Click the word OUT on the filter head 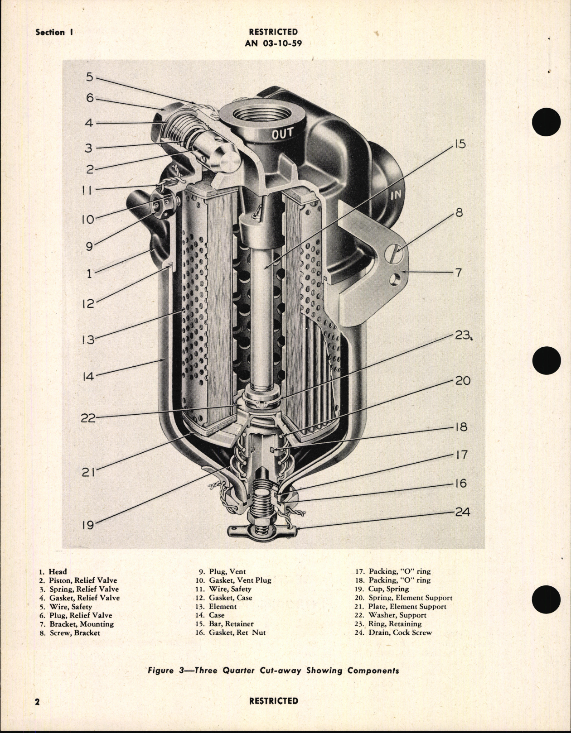click(x=282, y=134)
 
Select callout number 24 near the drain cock click(x=462, y=512)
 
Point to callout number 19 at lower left click(x=87, y=525)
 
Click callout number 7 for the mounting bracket click(x=458, y=273)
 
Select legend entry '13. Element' click(x=223, y=606)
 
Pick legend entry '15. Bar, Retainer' click(x=231, y=624)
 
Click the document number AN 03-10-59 click(x=273, y=43)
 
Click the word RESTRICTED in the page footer click(x=273, y=701)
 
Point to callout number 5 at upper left click(x=89, y=77)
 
